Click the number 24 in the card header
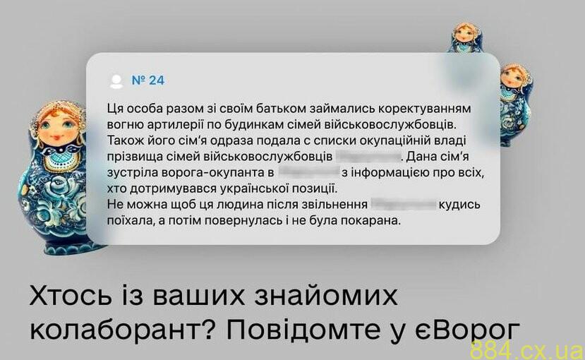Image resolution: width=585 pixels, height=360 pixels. click(157, 80)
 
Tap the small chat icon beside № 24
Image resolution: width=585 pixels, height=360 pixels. click(115, 80)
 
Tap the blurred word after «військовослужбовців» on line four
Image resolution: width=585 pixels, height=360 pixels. click(368, 156)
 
